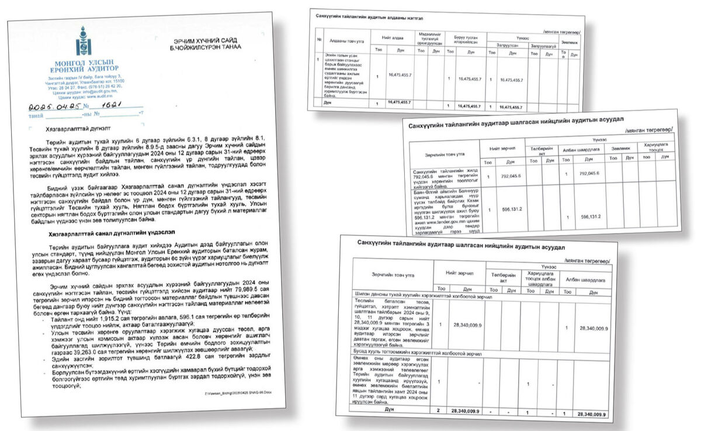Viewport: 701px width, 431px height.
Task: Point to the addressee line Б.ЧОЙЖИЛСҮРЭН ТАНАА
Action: (x=207, y=47)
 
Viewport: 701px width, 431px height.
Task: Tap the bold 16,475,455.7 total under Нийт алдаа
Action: (x=400, y=102)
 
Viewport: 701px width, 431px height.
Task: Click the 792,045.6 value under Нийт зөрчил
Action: (x=509, y=174)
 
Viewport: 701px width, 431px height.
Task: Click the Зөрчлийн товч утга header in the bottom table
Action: (x=391, y=275)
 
